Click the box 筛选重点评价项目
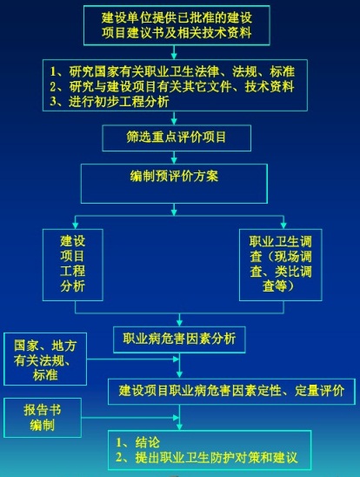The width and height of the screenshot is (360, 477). [177, 138]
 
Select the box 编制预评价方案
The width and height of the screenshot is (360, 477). [174, 184]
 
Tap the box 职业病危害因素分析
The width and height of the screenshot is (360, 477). [179, 339]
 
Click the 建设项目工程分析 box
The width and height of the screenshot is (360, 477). [72, 265]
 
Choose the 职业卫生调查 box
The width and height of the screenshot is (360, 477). [280, 265]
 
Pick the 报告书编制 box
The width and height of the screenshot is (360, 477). [43, 418]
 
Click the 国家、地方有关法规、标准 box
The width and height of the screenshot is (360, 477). [45, 359]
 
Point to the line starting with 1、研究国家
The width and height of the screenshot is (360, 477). [172, 71]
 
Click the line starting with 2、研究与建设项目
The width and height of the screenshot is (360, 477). [172, 87]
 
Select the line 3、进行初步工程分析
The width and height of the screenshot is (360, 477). [110, 102]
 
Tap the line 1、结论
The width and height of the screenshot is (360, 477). [137, 443]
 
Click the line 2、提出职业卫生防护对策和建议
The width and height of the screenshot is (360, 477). [207, 458]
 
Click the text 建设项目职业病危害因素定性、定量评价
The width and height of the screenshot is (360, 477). [231, 391]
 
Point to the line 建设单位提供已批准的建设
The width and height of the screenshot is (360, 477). [177, 17]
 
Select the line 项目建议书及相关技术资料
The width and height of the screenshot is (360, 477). [177, 32]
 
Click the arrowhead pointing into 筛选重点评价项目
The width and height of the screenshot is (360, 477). [174, 121]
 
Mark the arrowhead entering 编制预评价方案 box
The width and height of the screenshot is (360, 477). [174, 160]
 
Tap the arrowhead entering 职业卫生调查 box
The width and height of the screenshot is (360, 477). [283, 225]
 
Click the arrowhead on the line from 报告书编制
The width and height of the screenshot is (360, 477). [176, 418]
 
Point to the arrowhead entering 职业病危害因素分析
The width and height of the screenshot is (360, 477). [179, 323]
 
